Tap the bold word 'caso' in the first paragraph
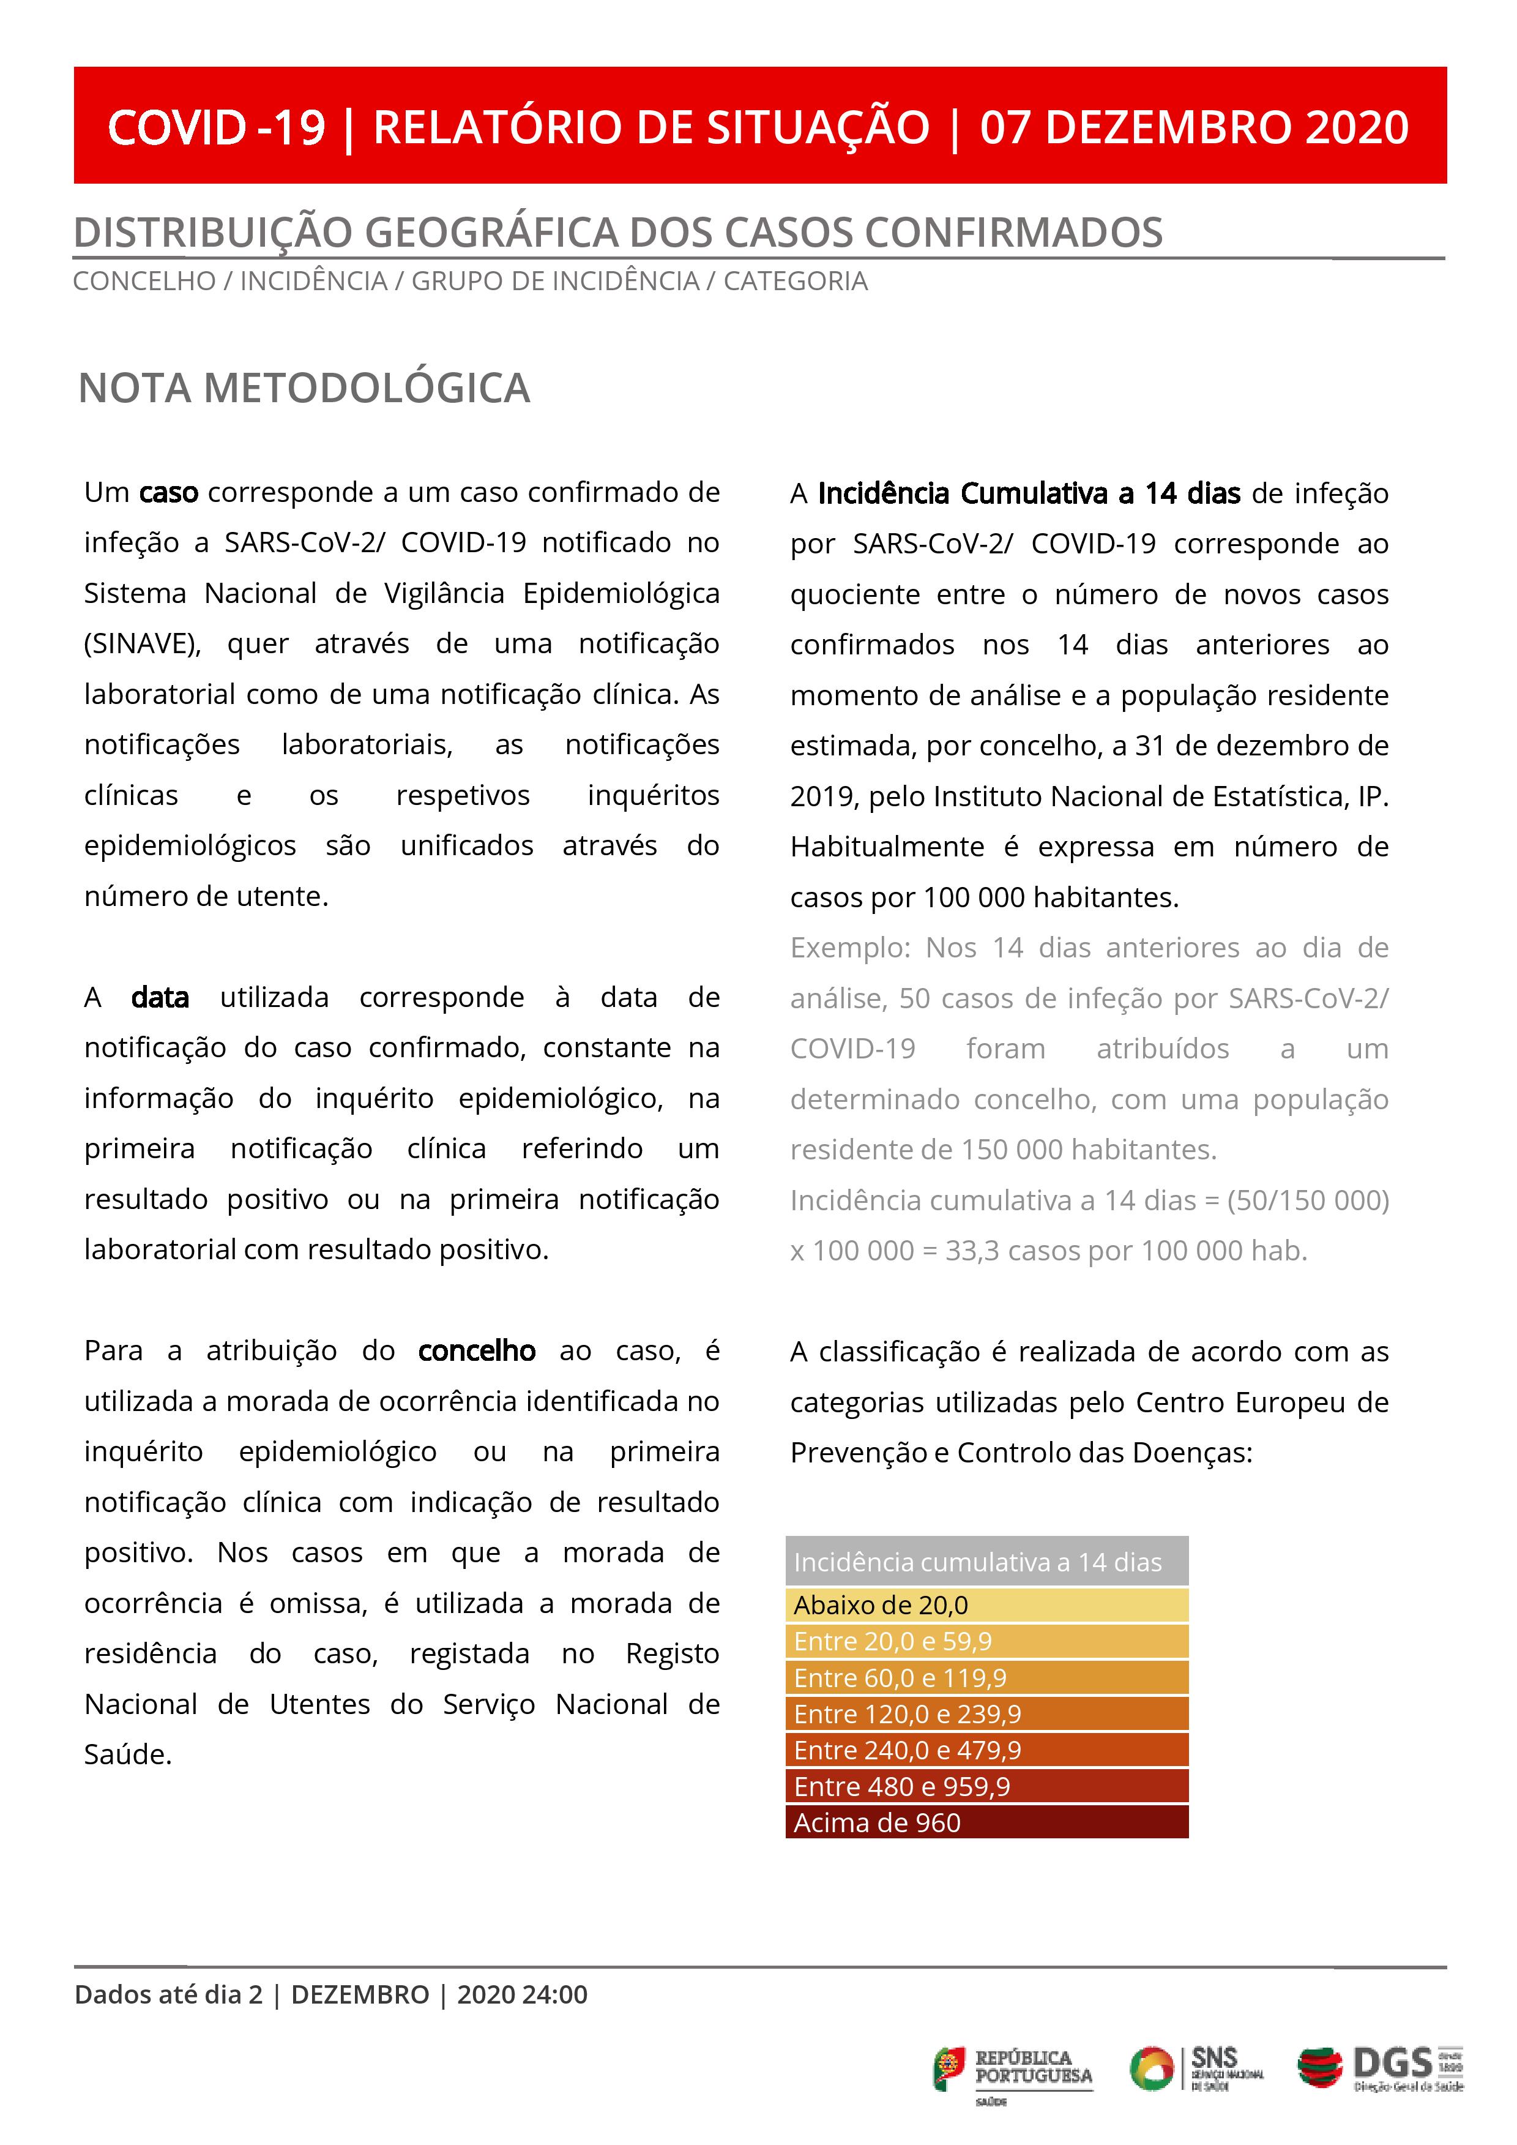click(168, 492)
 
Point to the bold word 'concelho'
click(477, 1351)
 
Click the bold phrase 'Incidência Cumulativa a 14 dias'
click(1029, 493)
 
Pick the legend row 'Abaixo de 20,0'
click(986, 1605)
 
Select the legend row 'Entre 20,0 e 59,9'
click(986, 1641)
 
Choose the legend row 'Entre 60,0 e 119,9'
click(986, 1678)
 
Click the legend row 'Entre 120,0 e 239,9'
click(986, 1714)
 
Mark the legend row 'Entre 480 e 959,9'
click(986, 1786)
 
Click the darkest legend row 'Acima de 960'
click(986, 1822)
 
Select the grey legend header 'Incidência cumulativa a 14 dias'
click(986, 1562)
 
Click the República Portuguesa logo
click(1013, 2070)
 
